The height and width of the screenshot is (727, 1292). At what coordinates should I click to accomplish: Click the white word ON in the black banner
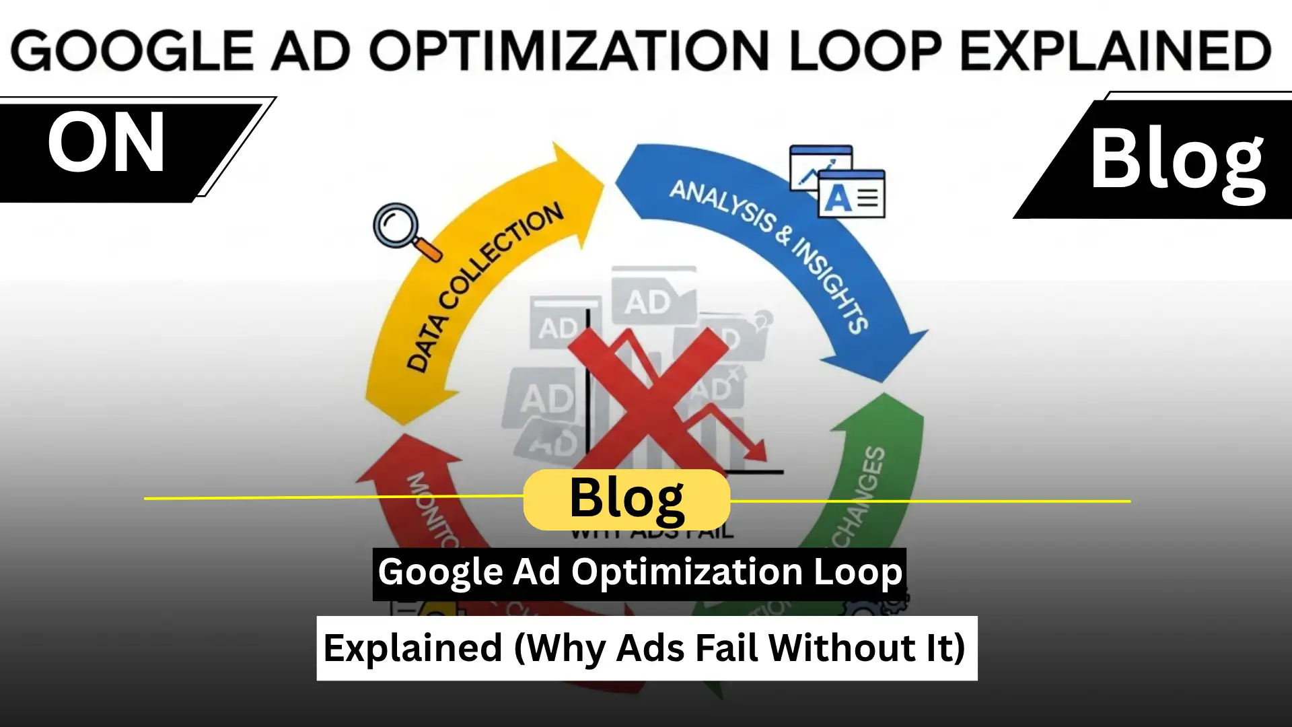coord(106,143)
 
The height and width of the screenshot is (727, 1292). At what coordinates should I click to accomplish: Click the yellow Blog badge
coord(626,499)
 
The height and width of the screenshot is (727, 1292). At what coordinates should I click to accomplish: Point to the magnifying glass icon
coord(404,230)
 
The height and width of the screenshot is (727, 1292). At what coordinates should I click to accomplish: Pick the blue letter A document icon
coord(851,195)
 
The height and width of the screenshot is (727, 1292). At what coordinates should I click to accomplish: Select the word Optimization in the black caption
coord(687,573)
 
